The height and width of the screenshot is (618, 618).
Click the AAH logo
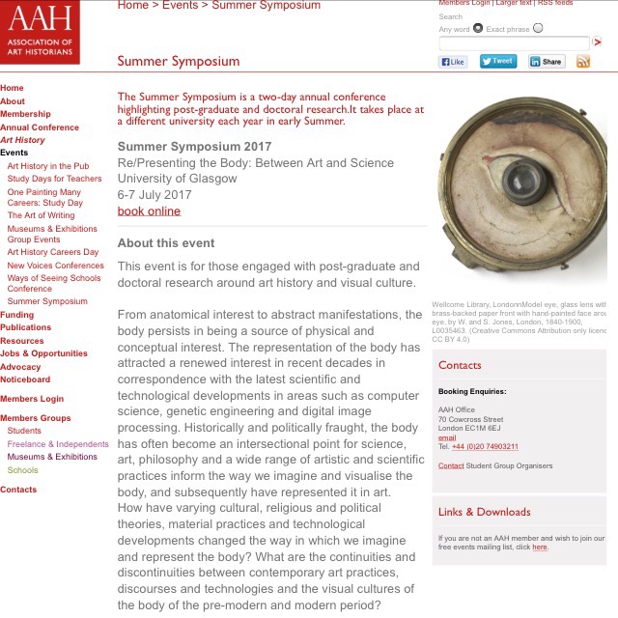(x=40, y=32)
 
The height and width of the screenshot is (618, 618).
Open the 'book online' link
(x=149, y=211)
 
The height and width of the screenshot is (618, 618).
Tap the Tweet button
(x=496, y=61)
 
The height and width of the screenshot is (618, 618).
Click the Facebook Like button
(x=453, y=62)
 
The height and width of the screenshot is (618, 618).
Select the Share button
(x=547, y=62)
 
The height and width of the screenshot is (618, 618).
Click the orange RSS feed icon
(x=583, y=62)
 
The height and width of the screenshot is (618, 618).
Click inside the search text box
(x=514, y=43)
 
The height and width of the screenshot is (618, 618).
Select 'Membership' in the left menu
(x=25, y=114)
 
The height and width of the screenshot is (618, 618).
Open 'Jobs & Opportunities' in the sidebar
(x=43, y=353)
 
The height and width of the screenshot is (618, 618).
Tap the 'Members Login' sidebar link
(x=32, y=399)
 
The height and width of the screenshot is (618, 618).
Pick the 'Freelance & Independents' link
(x=58, y=444)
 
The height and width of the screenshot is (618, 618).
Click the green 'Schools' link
(x=22, y=470)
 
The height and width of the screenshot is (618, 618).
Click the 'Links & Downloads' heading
(x=484, y=512)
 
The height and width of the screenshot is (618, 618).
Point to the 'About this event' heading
(x=166, y=242)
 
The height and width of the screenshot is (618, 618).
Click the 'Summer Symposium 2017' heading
(x=194, y=146)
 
